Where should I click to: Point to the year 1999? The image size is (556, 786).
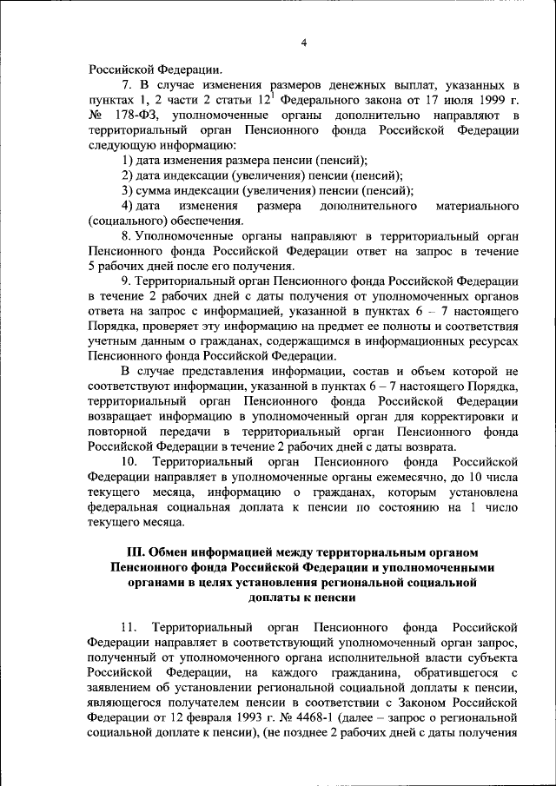[482, 100]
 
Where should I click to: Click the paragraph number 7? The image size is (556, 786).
[126, 84]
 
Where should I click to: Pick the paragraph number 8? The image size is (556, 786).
[126, 235]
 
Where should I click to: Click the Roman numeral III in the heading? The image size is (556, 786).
[135, 552]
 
